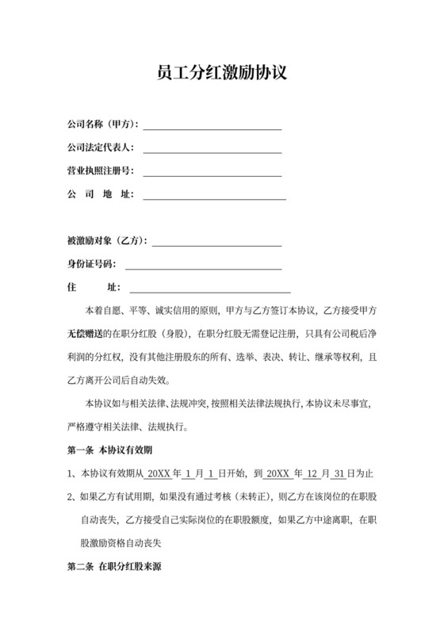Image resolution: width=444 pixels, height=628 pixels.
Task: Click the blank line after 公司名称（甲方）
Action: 212,125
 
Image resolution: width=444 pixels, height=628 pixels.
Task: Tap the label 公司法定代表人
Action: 101,148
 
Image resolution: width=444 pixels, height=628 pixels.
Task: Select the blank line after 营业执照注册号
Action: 212,172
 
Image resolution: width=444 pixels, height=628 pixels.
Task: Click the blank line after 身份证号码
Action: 203,264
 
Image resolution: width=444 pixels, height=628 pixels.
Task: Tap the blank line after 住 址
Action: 210,288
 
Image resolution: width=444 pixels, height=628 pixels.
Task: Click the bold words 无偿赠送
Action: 84,333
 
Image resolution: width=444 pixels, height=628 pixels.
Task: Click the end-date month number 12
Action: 313,474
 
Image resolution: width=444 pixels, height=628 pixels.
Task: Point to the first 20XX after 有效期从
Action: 158,474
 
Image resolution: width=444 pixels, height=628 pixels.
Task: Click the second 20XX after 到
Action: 277,474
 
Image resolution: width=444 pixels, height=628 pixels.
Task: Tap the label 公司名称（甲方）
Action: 103,125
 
